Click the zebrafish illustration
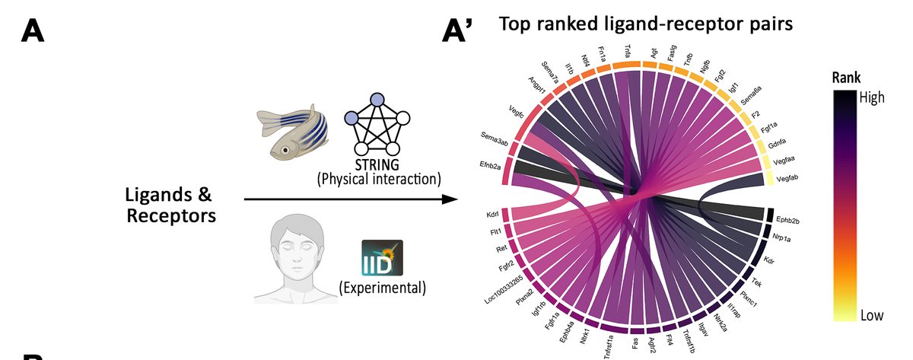(x=298, y=134)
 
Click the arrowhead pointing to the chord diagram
(x=450, y=200)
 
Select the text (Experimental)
(x=382, y=288)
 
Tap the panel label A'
(x=459, y=31)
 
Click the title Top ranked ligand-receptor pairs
(x=646, y=24)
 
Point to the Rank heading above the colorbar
(x=847, y=78)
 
